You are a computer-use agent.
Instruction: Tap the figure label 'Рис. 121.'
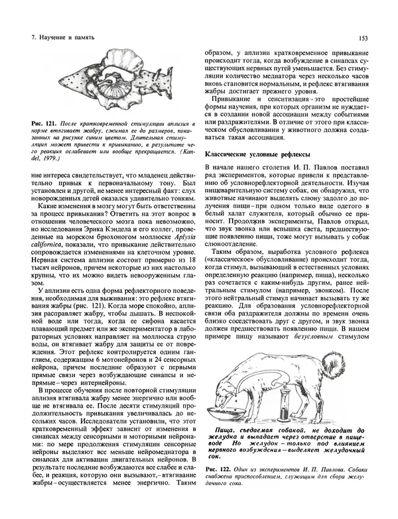tap(36, 125)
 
